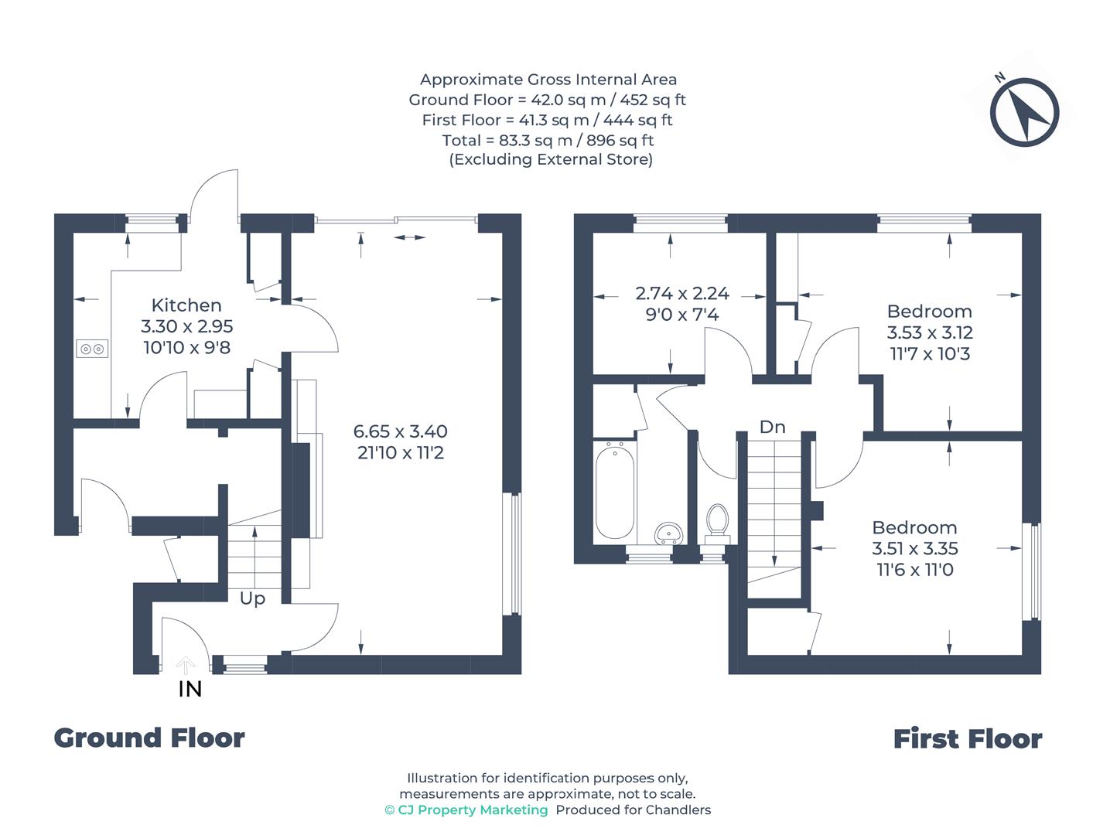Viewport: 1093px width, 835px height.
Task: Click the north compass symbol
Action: [x=1025, y=112]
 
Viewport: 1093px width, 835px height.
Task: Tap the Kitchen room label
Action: [x=186, y=305]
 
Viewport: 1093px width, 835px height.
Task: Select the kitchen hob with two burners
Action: [x=92, y=349]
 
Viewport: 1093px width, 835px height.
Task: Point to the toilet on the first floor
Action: [x=717, y=521]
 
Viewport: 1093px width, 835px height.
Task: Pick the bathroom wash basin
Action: [x=668, y=533]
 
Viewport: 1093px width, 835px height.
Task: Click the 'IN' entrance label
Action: [x=190, y=689]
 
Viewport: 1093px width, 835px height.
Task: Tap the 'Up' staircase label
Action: [x=252, y=598]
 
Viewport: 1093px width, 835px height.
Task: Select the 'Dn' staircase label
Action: [x=772, y=427]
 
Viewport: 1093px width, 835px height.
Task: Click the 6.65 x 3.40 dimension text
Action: [x=400, y=431]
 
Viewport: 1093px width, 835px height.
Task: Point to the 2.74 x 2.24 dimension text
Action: [x=682, y=294]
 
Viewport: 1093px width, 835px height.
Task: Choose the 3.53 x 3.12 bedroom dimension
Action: [x=930, y=333]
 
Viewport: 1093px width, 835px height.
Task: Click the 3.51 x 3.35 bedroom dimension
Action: [x=915, y=549]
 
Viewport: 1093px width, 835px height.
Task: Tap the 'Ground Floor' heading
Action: [x=149, y=738]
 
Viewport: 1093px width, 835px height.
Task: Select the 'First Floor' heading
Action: [x=968, y=739]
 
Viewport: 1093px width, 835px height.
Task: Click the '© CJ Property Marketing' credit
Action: [x=466, y=810]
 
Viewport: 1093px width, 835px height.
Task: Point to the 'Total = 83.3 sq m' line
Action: [x=548, y=140]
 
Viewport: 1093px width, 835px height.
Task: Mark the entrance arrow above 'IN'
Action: [x=185, y=664]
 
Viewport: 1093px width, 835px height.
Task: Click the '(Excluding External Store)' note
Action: [x=551, y=159]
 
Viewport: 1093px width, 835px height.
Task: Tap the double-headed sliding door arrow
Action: [x=409, y=237]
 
